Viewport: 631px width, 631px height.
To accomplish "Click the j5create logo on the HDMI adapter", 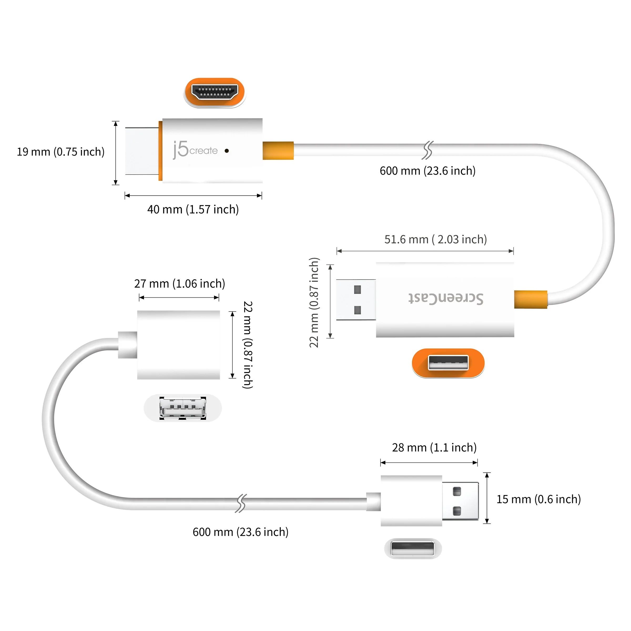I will point(195,150).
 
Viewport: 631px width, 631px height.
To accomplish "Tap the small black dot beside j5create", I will point(227,151).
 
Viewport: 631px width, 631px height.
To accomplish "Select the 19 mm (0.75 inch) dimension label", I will point(61,152).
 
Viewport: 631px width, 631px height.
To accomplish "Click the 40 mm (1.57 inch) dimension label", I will point(193,209).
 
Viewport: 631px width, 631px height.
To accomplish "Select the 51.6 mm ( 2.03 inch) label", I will point(435,240).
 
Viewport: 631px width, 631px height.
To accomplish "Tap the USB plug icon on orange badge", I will point(448,363).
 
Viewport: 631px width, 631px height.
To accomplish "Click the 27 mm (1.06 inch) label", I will point(180,283).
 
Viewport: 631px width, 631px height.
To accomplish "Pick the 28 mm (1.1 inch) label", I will point(434,447).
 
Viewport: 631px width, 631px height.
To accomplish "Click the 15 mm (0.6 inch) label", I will point(538,499).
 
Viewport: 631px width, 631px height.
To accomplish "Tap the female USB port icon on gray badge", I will point(182,408).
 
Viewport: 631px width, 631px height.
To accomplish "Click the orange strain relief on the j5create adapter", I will point(278,151).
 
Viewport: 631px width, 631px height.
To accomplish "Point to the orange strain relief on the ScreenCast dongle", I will point(530,299).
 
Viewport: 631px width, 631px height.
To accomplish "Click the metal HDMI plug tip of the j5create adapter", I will point(142,151).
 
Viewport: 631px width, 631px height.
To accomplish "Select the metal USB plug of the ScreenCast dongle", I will point(356,300).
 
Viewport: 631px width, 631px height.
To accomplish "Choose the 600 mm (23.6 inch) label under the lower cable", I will point(240,532).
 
